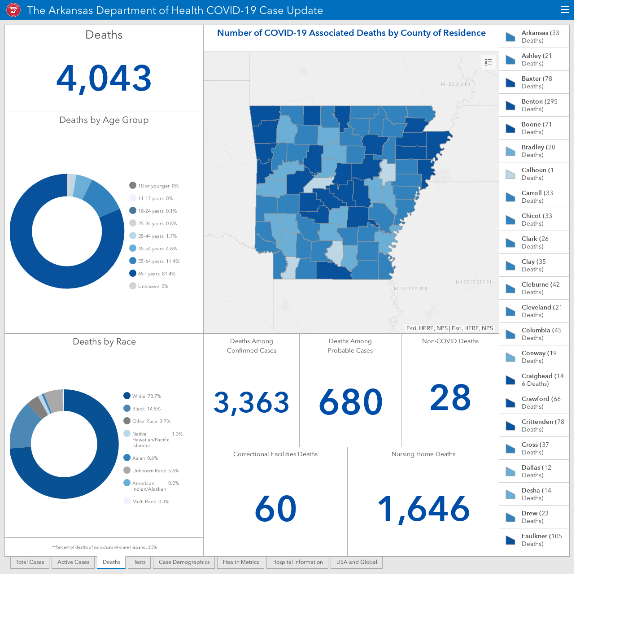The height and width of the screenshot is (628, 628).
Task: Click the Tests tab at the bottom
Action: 140,562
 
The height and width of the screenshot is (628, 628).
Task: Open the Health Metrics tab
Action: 241,562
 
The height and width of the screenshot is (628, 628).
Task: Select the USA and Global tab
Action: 357,562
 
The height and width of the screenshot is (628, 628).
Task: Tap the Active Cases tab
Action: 73,562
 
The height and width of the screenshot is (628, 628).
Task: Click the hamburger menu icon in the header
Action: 565,10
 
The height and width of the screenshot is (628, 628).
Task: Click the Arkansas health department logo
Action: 13,10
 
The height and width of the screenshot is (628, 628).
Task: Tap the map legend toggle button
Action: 488,62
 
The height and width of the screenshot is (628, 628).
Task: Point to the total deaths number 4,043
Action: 104,78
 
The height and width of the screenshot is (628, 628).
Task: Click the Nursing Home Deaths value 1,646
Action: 423,509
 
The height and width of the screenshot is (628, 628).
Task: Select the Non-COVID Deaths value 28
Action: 450,397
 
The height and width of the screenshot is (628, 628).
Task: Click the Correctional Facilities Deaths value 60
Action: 275,509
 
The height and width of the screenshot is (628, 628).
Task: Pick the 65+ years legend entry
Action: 153,274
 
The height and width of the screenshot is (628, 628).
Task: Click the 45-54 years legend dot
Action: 133,249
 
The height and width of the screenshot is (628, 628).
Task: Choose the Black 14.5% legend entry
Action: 142,409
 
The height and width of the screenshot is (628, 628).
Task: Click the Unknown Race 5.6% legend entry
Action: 151,471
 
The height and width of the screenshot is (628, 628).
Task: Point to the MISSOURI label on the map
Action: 456,84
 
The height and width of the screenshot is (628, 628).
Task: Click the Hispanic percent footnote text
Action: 104,547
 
